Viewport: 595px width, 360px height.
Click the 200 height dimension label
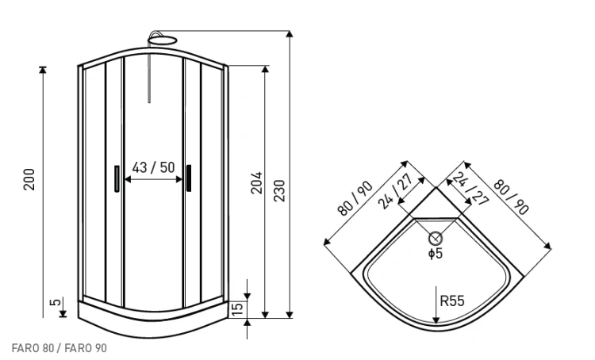(x=29, y=179)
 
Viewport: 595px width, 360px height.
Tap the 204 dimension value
(x=256, y=182)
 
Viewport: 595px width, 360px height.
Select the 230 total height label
(x=279, y=191)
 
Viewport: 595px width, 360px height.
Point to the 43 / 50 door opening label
(x=153, y=167)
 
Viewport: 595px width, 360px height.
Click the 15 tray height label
(x=236, y=309)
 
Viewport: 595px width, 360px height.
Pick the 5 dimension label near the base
(x=55, y=302)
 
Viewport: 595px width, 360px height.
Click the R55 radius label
(x=452, y=301)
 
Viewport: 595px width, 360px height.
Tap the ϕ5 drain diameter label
(x=436, y=253)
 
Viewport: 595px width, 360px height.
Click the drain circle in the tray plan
(x=436, y=239)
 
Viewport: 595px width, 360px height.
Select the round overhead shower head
(x=163, y=40)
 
